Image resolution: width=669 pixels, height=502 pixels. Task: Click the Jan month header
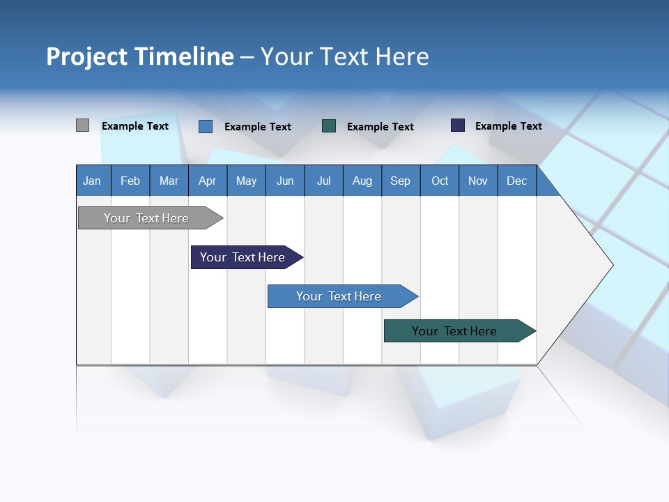point(93,181)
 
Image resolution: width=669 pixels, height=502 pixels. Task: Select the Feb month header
point(130,181)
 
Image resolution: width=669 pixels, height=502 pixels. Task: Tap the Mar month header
point(169,181)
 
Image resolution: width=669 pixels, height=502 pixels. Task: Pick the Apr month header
point(208,181)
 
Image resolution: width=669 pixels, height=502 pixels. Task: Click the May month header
point(246,181)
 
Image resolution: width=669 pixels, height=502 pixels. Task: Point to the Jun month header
point(285,181)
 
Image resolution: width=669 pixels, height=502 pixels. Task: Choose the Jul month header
point(323,181)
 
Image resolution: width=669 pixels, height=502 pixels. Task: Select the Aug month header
point(362,181)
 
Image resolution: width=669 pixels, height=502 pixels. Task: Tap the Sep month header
point(401,181)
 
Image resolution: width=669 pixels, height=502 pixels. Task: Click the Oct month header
point(440,181)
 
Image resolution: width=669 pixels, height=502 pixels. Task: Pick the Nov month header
point(478,181)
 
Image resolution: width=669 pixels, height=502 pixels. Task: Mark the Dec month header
point(517,181)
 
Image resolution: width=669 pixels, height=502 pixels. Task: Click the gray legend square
point(82,125)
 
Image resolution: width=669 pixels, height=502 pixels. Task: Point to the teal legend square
point(329,125)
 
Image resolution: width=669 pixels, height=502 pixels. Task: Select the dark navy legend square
point(458,125)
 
